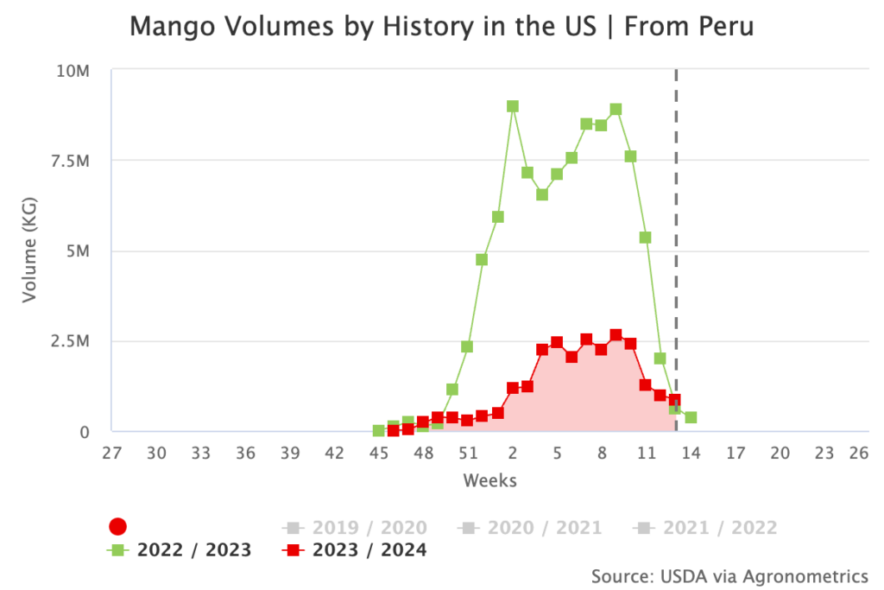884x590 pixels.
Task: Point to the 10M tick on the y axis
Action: [x=73, y=71]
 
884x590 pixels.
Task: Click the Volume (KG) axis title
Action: [x=30, y=251]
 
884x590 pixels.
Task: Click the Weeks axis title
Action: [x=489, y=479]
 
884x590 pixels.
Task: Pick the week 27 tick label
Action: [x=111, y=454]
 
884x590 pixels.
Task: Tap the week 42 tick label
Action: [x=334, y=454]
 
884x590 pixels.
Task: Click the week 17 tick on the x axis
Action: [x=736, y=454]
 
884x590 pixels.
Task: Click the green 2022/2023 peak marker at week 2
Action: [x=513, y=106]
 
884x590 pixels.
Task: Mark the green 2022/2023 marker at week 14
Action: [x=691, y=417]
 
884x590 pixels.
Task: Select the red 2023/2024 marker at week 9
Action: [x=616, y=335]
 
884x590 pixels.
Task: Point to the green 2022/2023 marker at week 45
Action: [x=378, y=430]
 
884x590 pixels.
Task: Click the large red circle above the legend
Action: [x=118, y=527]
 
